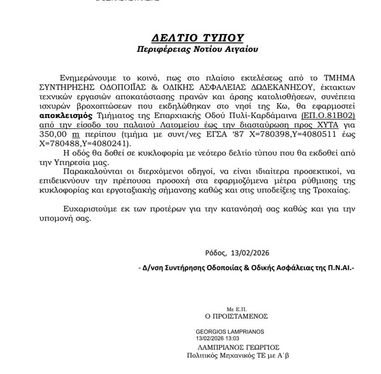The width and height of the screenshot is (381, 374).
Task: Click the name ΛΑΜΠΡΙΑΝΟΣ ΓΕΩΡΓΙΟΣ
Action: pyautogui.click(x=233, y=347)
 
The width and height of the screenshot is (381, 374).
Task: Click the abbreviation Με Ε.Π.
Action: pyautogui.click(x=237, y=307)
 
